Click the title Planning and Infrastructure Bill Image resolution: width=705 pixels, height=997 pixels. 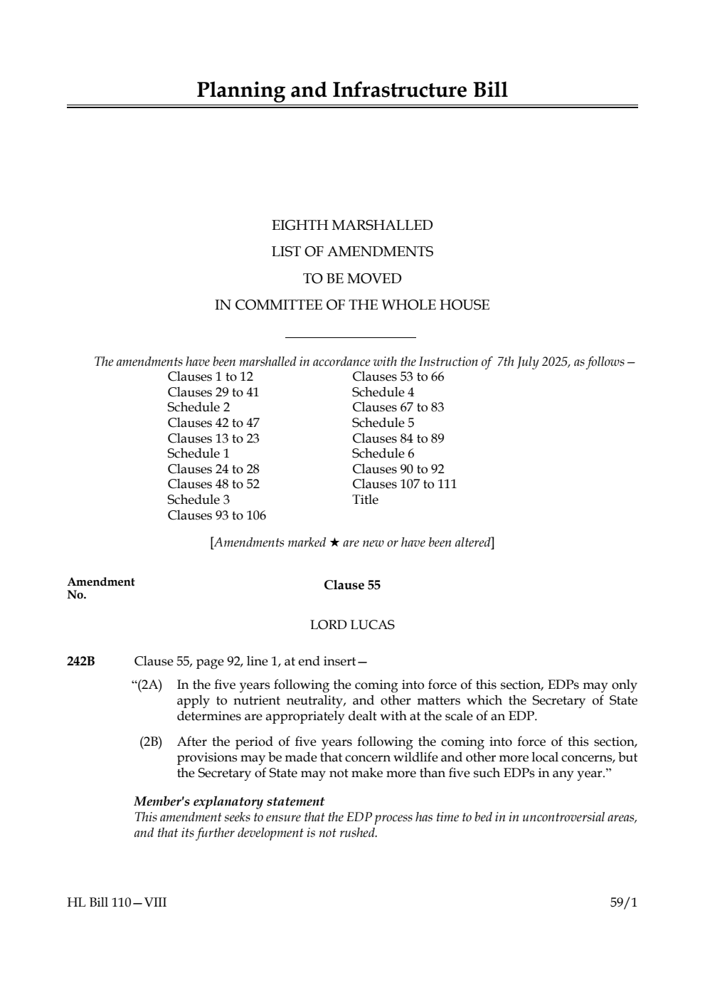352,90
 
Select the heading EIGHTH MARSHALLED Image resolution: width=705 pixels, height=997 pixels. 352,226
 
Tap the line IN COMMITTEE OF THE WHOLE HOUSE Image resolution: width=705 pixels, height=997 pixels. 352,305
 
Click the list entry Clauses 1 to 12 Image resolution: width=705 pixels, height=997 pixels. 210,376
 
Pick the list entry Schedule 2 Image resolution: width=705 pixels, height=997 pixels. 198,407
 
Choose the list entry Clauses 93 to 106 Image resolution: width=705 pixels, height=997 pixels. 216,515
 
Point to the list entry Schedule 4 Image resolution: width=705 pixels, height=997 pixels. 383,392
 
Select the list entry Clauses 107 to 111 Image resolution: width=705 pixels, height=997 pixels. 404,484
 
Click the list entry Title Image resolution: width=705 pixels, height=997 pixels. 365,500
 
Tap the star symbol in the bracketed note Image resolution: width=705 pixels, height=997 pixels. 334,543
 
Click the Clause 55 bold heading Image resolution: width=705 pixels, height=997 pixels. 352,585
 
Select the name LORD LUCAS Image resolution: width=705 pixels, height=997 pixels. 352,625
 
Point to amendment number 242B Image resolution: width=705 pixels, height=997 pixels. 80,661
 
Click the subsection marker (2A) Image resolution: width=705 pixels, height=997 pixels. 147,685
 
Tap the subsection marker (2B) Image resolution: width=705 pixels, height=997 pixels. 151,742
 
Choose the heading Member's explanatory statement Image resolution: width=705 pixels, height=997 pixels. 229,801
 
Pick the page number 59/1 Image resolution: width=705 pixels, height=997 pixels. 624,902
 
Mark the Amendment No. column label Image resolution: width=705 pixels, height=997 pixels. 100,588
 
